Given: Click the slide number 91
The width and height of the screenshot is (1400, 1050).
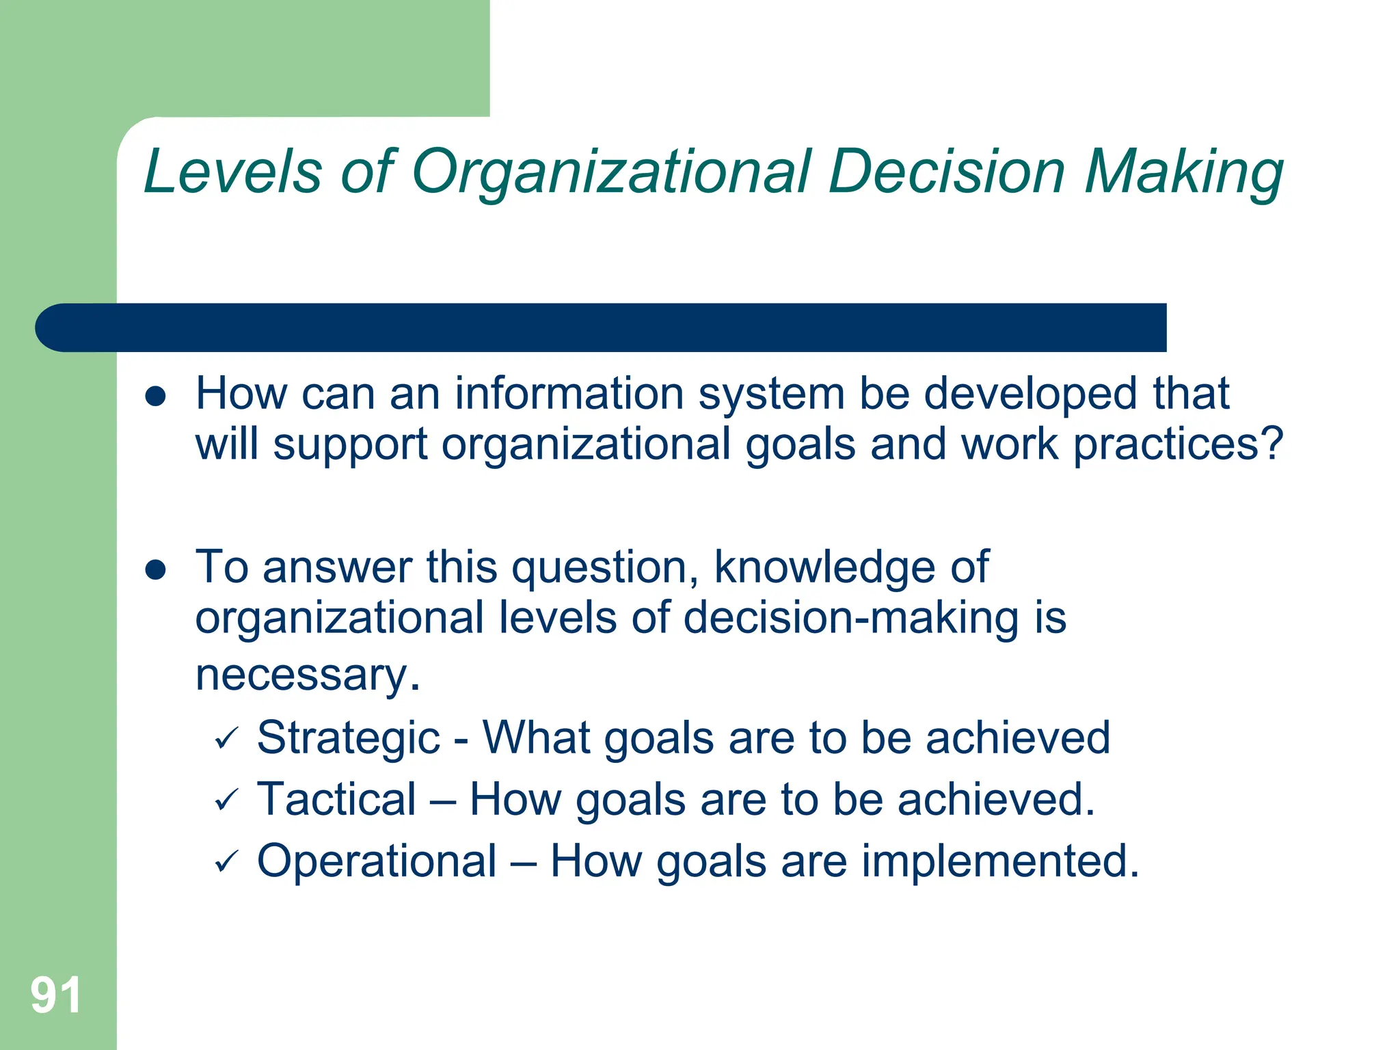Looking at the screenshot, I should pyautogui.click(x=56, y=995).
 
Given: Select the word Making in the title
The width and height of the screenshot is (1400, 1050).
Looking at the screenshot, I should pyautogui.click(x=1184, y=172).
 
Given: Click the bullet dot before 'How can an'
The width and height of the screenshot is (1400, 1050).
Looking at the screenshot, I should pyautogui.click(x=156, y=396).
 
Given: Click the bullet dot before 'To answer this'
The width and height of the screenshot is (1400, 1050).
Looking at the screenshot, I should pyautogui.click(x=156, y=569).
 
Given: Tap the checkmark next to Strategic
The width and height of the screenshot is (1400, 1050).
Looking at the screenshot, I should pyautogui.click(x=226, y=739).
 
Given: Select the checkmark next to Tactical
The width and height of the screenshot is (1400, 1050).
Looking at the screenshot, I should pyautogui.click(x=226, y=800).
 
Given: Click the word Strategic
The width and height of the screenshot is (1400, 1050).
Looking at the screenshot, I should pyautogui.click(x=348, y=739).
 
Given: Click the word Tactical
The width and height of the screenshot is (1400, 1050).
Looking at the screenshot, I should pyautogui.click(x=336, y=799).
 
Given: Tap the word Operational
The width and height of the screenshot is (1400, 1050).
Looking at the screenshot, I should pyautogui.click(x=377, y=861).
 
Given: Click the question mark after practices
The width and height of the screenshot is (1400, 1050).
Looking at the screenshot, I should pyautogui.click(x=1272, y=444).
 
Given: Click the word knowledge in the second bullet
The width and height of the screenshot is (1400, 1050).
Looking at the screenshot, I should pyautogui.click(x=825, y=567).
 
